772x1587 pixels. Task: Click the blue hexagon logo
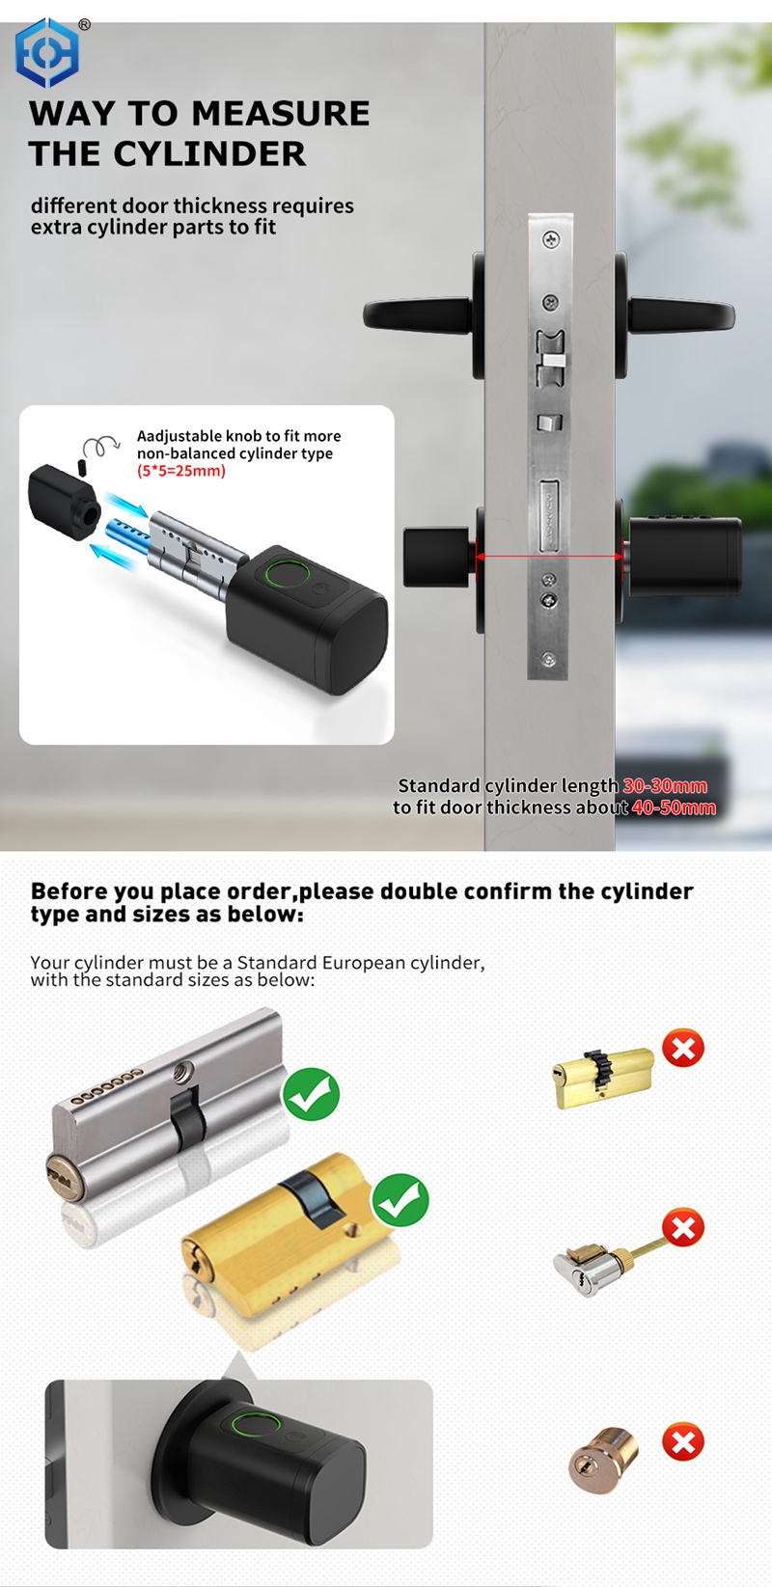coord(46,53)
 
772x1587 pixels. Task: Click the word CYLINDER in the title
coord(209,153)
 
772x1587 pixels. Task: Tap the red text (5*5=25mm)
coord(181,471)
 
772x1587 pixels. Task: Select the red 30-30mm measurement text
coord(665,786)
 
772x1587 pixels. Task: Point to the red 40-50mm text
coord(674,807)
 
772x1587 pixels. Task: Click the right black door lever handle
coord(681,315)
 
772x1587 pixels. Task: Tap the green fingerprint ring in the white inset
coord(287,573)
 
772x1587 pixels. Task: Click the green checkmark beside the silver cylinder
coord(311,1094)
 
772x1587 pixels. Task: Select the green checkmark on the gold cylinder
coord(400,1200)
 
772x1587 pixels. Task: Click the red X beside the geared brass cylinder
coord(683,1048)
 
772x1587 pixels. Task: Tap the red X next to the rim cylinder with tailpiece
coord(683,1228)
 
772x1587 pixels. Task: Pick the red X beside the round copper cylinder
coord(683,1442)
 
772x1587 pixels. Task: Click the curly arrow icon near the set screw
coord(100,446)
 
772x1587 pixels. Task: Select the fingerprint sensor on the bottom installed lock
coord(256,1425)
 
